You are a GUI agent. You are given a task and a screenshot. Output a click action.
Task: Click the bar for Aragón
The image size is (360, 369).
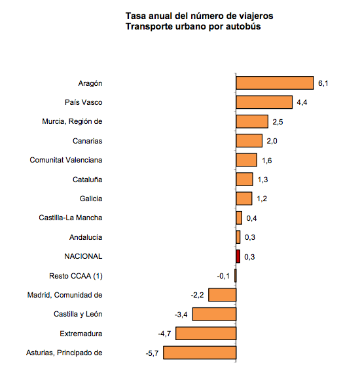click(275, 83)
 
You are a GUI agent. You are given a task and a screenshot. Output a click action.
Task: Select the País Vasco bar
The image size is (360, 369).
click(264, 102)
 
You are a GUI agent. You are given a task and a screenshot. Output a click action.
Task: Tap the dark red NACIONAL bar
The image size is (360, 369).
click(238, 256)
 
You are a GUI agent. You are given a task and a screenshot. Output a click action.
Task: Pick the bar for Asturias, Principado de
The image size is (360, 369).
click(200, 353)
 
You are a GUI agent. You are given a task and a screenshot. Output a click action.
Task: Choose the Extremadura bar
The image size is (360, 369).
click(206, 333)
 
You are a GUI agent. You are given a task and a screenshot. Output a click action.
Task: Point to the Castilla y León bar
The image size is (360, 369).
click(214, 314)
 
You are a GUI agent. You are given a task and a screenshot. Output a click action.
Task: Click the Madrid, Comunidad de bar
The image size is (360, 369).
click(223, 295)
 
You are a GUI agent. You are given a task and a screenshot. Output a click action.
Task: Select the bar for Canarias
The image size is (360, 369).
click(249, 141)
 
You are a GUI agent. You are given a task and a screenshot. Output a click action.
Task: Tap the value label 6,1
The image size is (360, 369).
click(323, 83)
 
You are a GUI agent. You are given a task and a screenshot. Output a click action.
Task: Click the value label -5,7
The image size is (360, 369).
click(152, 353)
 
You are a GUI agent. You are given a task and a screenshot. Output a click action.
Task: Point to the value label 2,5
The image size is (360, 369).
click(278, 122)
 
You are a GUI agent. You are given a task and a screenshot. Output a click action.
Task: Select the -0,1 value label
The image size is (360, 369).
click(223, 276)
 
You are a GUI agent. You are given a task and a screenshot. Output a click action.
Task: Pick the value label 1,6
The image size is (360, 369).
click(266, 161)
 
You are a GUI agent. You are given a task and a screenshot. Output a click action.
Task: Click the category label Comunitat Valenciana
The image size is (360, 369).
click(66, 160)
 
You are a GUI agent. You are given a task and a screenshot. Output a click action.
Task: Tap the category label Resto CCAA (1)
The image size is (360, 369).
click(76, 276)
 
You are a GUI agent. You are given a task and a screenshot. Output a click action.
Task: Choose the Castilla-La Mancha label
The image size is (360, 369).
click(71, 218)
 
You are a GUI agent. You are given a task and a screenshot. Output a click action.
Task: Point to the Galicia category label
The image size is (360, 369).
click(91, 199)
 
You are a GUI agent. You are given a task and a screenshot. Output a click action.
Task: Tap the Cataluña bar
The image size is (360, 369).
click(245, 180)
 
